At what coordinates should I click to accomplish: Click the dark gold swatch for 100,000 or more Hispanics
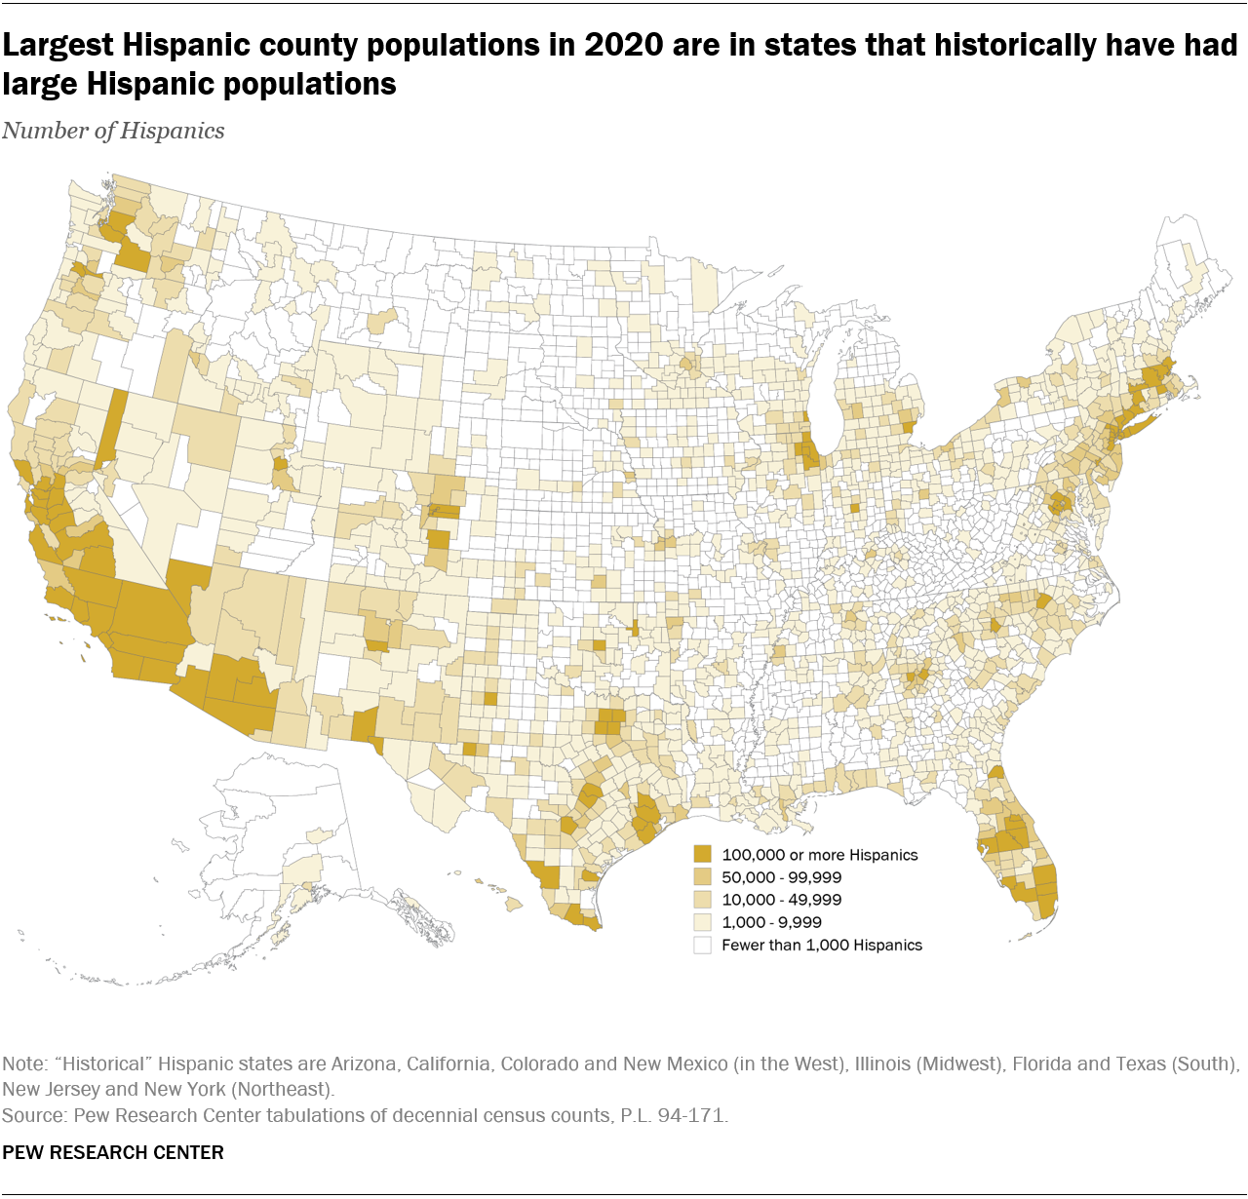[702, 855]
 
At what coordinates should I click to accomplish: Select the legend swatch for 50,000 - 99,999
[702, 877]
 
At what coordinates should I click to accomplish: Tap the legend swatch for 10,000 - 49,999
[702, 900]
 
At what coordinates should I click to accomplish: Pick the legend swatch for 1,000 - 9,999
[702, 922]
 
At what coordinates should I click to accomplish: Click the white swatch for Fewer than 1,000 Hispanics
[702, 945]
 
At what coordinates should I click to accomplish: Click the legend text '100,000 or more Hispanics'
[820, 855]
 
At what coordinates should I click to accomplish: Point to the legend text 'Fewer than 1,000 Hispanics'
[822, 945]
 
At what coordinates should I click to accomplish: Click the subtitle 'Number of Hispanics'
[113, 131]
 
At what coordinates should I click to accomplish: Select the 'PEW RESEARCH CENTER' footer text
[113, 1152]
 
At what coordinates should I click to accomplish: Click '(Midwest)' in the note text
[960, 1064]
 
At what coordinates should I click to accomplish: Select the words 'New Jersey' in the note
[50, 1089]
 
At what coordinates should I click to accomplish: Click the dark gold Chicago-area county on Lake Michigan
[808, 452]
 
